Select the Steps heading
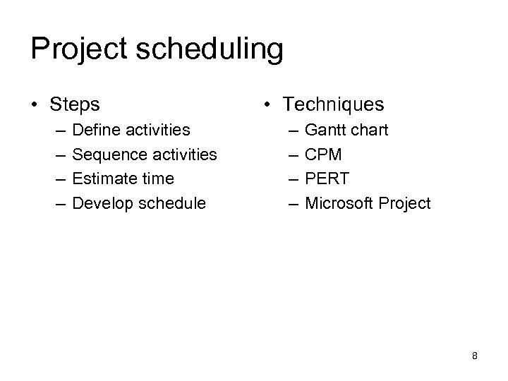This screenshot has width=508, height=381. (75, 105)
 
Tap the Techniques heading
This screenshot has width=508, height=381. (333, 105)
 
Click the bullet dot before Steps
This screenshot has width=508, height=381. (35, 106)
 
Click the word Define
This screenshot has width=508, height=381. (95, 130)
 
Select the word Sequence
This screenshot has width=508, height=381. (106, 155)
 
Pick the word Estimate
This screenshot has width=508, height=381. (101, 179)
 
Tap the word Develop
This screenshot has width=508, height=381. (100, 203)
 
